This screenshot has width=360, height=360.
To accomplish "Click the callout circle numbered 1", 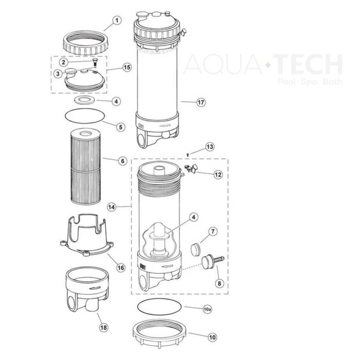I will pyautogui.click(x=117, y=21).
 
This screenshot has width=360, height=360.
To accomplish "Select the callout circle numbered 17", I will pyautogui.click(x=201, y=102).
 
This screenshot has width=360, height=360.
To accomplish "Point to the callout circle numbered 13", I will pyautogui.click(x=209, y=147).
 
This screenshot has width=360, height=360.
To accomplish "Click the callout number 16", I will pyautogui.click(x=121, y=268).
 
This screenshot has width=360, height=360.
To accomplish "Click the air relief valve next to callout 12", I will pyautogui.click(x=189, y=169).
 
